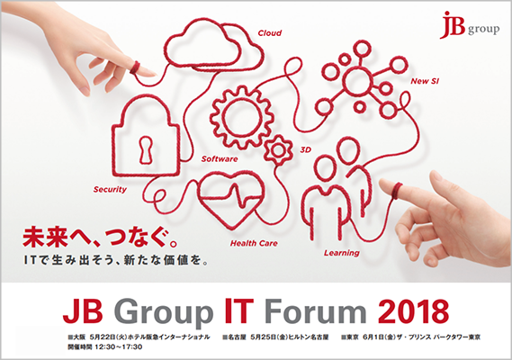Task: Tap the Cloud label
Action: point(270,34)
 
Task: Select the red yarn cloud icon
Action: point(217,54)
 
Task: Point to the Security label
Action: point(110,190)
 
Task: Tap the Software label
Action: point(220,158)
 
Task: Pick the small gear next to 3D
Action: point(280,146)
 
